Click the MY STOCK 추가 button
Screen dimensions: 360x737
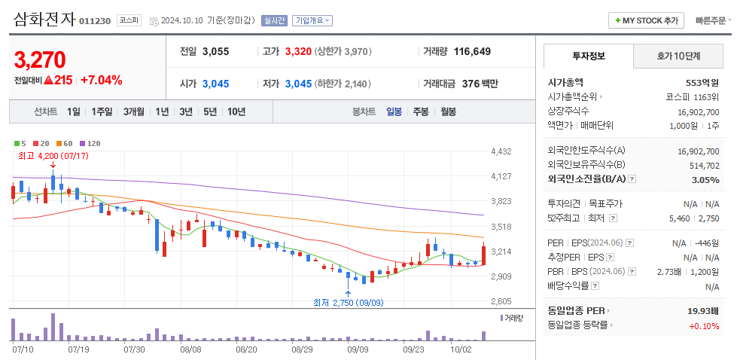click(x=647, y=20)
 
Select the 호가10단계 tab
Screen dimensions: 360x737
click(x=678, y=56)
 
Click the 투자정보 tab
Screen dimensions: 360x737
click(x=588, y=56)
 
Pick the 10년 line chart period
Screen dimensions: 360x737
click(x=236, y=111)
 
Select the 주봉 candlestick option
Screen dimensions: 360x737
click(x=420, y=111)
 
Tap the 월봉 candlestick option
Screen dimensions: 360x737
click(x=448, y=111)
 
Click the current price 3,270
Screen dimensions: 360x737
click(x=40, y=59)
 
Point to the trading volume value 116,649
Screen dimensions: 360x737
click(x=472, y=51)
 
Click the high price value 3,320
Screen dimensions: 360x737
click(x=298, y=51)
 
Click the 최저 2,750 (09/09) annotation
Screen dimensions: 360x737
click(x=347, y=302)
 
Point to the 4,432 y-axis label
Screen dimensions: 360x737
click(x=501, y=151)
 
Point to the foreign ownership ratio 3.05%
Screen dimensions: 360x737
click(x=705, y=179)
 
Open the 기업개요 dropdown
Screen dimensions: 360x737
click(x=312, y=20)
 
